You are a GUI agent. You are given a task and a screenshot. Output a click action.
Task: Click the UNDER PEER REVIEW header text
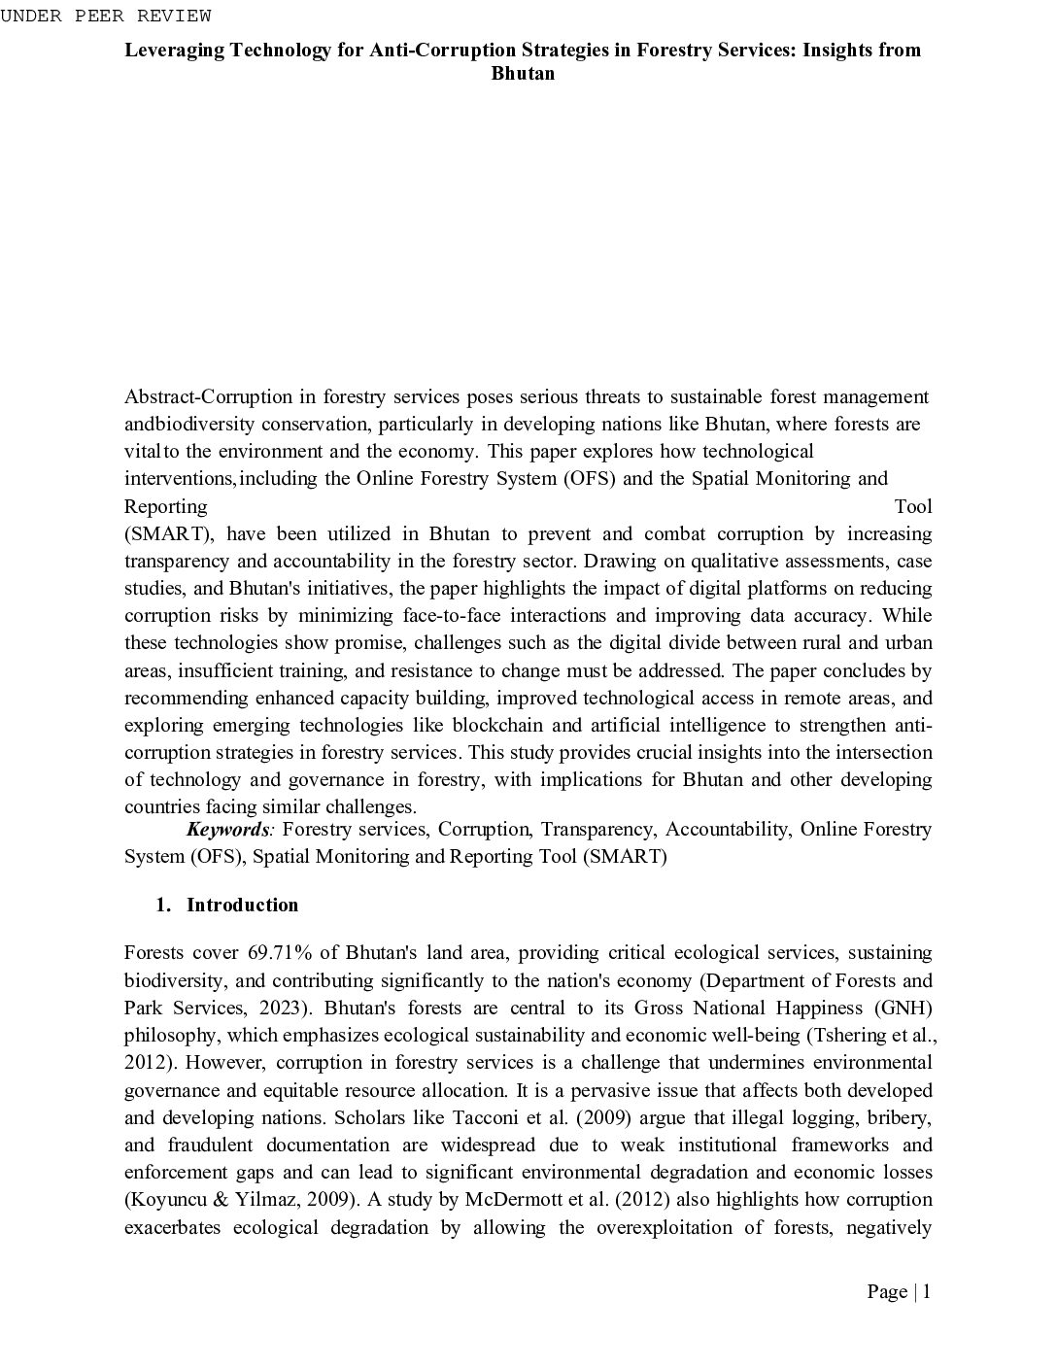[x=105, y=16]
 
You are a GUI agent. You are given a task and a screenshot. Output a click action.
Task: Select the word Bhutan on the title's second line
[x=523, y=74]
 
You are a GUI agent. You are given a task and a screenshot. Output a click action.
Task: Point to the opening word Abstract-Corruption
[x=208, y=396]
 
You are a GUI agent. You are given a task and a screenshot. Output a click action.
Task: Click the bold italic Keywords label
[x=228, y=829]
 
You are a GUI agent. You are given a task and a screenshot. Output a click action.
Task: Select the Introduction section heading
[x=242, y=905]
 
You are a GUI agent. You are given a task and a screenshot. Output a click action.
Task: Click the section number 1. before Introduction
[x=163, y=905]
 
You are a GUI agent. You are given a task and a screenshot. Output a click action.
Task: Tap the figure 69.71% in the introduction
[x=273, y=952]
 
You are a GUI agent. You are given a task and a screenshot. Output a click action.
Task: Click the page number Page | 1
[x=899, y=1291]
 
